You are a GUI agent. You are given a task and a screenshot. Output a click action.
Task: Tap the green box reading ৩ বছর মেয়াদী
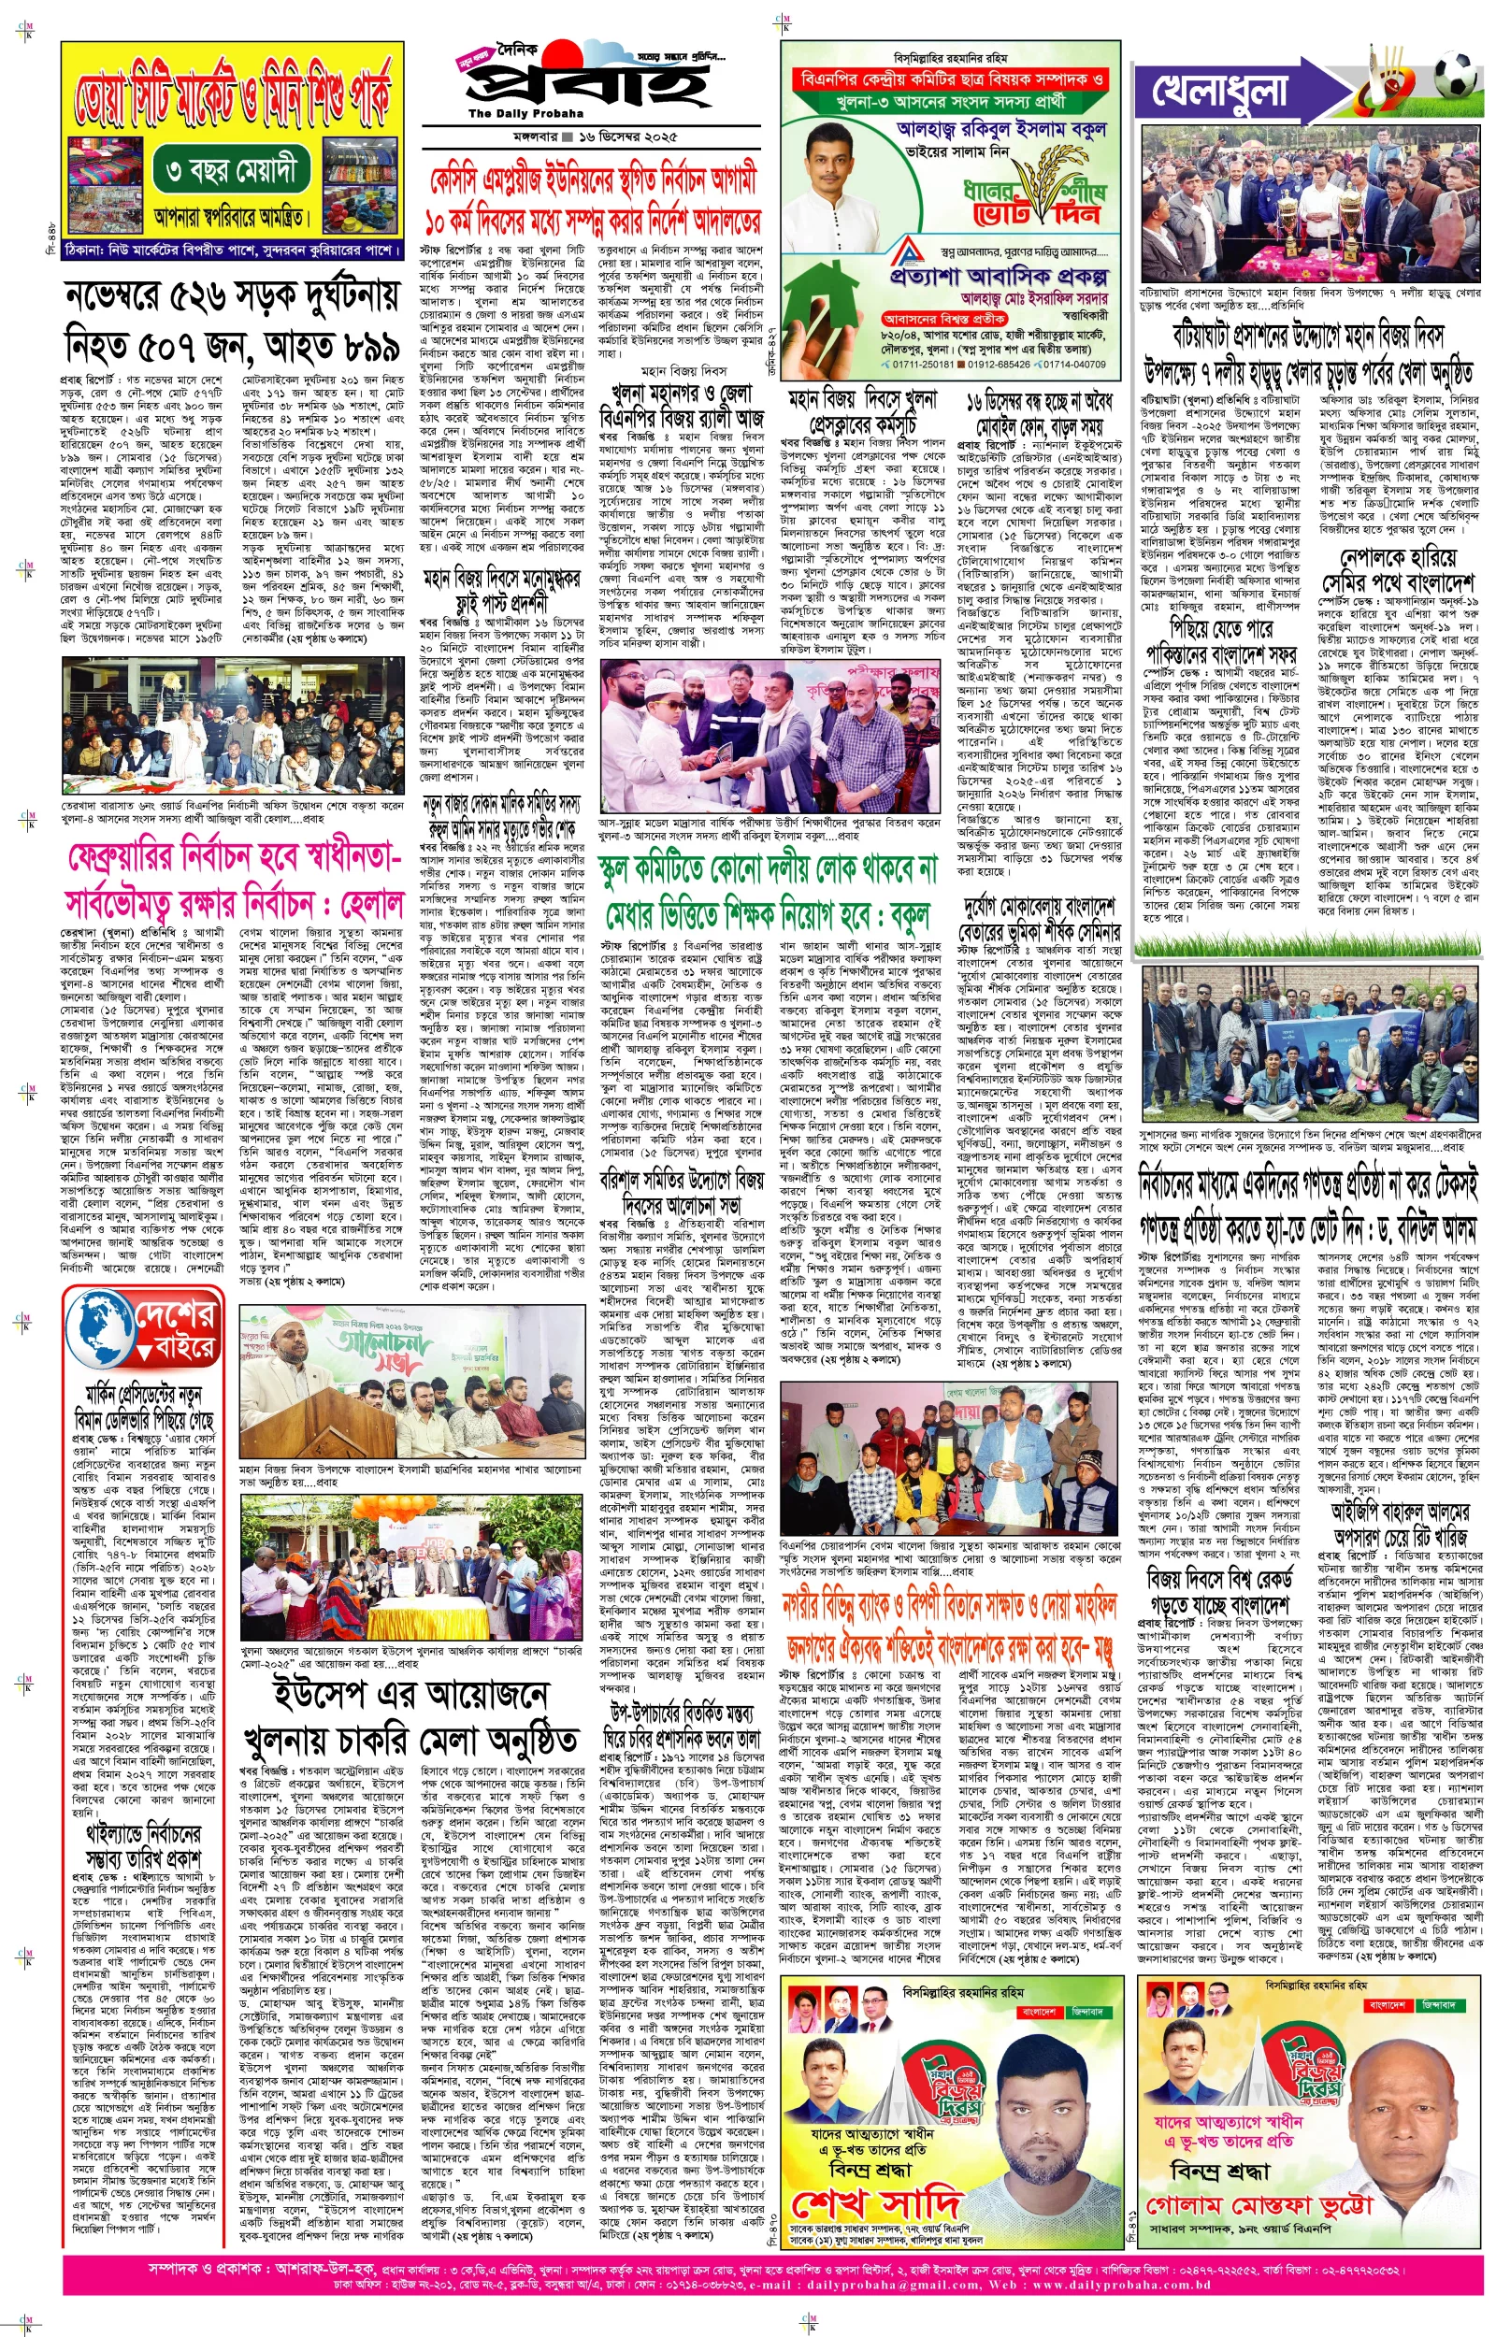pos(231,172)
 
